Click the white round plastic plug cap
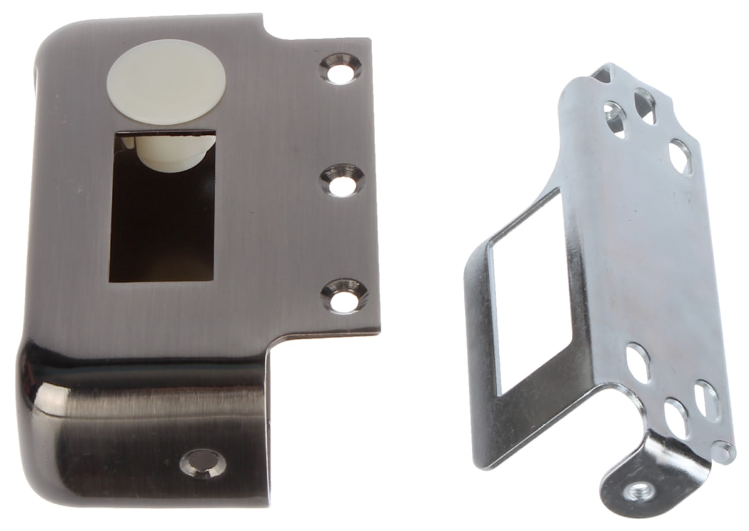[165, 82]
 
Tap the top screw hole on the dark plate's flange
[341, 69]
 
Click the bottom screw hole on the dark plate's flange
[344, 295]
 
